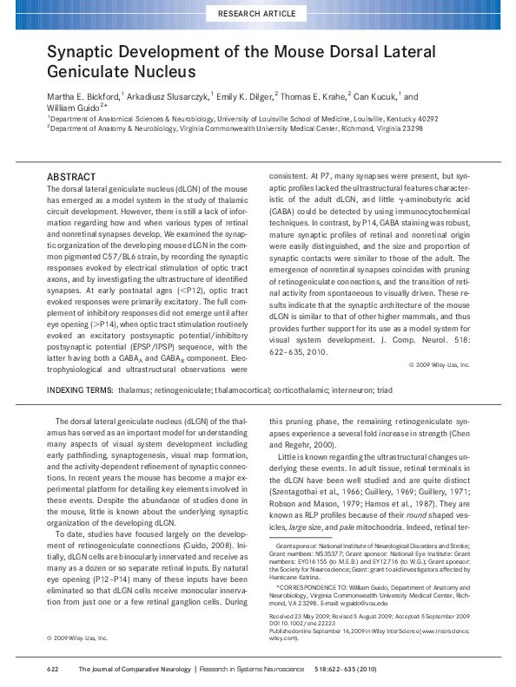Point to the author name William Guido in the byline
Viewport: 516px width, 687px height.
pyautogui.click(x=72, y=108)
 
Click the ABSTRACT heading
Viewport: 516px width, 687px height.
pyautogui.click(x=70, y=176)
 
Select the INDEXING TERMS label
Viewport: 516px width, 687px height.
pyautogui.click(x=79, y=391)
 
